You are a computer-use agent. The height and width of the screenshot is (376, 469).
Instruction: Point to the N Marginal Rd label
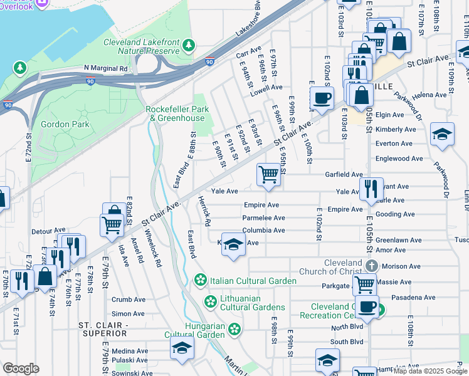click(105, 68)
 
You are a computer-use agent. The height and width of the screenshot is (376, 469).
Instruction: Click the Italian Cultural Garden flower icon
click(201, 281)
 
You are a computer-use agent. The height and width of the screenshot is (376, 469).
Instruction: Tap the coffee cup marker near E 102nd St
click(322, 98)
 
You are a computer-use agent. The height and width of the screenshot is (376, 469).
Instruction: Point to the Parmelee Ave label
click(263, 218)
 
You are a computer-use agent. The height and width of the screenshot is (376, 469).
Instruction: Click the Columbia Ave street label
click(264, 231)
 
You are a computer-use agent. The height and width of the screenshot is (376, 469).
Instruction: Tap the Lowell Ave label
click(266, 88)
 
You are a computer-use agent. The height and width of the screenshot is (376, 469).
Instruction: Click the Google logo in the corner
click(21, 368)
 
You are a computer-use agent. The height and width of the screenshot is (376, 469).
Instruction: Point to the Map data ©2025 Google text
click(429, 371)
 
